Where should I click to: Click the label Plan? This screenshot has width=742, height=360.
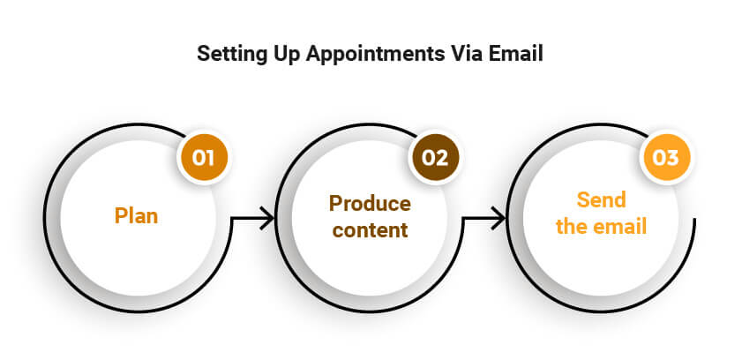137,216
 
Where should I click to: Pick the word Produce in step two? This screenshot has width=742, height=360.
370,204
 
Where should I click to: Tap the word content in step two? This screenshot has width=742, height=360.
370,230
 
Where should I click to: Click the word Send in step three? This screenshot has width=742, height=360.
602,199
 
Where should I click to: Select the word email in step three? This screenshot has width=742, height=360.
621,227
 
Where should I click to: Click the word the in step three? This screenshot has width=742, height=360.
572,227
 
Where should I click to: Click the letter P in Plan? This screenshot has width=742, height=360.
121,216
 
